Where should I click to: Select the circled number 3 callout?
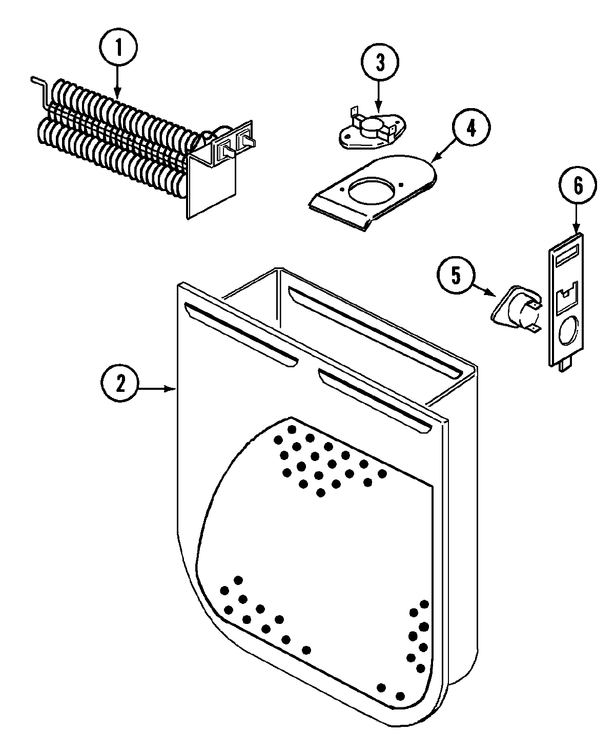[379, 62]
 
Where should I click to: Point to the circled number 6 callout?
[578, 187]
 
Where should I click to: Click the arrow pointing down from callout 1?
[118, 82]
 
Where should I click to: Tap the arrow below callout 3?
[379, 95]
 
